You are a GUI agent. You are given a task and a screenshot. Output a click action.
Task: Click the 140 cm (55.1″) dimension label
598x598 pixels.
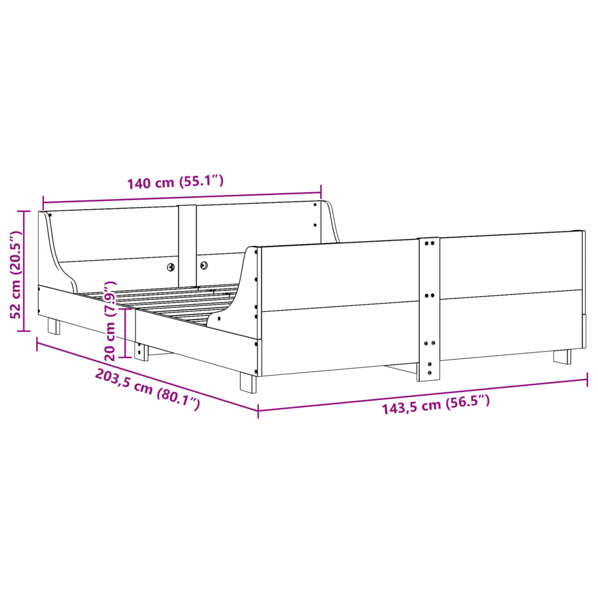click(x=175, y=182)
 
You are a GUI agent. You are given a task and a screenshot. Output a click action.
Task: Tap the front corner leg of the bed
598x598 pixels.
click(x=248, y=383)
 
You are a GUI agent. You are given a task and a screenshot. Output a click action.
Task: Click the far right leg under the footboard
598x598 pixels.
click(x=562, y=356)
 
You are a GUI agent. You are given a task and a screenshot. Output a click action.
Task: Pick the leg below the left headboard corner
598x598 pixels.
click(x=54, y=325)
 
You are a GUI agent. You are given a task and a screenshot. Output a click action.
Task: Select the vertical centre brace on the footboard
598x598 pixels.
click(x=429, y=310)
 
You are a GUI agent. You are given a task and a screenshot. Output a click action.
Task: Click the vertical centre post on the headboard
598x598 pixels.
click(x=187, y=242)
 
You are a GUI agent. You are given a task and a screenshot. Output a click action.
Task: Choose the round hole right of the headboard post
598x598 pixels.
click(x=204, y=265)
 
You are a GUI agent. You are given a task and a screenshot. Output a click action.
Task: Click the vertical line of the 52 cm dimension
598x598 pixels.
click(x=24, y=272)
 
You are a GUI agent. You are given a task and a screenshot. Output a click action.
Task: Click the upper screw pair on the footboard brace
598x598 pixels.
click(x=429, y=243)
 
